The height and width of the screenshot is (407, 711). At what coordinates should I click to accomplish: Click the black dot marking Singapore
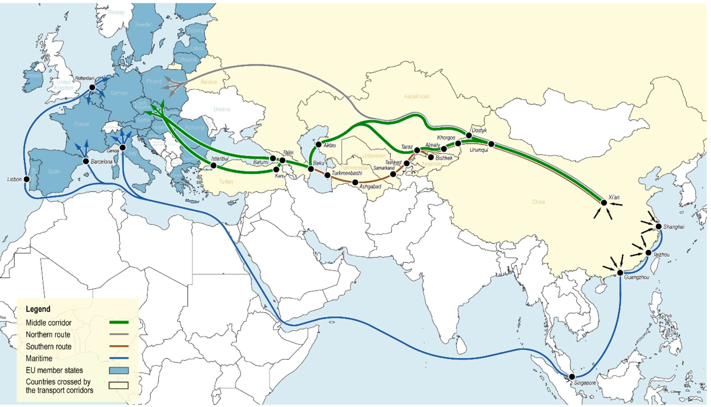point(572,377)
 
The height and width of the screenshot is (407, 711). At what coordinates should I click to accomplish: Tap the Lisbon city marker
point(27,179)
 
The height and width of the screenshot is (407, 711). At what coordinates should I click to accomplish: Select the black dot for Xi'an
point(604,203)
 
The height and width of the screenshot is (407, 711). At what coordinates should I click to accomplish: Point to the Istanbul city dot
point(214,165)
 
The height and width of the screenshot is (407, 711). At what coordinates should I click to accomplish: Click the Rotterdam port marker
point(92,87)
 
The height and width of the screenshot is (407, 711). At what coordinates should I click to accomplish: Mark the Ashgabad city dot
point(355,182)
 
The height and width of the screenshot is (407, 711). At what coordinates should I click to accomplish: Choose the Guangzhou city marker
point(620,273)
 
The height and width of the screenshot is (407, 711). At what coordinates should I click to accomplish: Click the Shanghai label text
point(674,227)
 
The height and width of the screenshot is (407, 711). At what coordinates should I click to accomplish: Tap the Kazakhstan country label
point(417,96)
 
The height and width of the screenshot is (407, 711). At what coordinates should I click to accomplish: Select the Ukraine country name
point(222,109)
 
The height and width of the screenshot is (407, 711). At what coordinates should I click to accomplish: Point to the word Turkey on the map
point(226,182)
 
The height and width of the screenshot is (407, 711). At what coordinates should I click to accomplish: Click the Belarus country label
point(209,82)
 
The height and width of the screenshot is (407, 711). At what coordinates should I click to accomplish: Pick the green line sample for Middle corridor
point(119,322)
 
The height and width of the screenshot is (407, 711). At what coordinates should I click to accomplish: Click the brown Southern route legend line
point(119,346)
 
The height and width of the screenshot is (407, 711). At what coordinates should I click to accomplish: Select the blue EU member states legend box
point(119,370)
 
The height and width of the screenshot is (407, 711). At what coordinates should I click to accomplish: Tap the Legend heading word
point(38,309)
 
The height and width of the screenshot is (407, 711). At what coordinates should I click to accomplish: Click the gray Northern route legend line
point(119,334)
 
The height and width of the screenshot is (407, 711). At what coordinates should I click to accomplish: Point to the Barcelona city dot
point(86,161)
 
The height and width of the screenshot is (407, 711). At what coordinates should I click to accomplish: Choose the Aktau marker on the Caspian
point(319,144)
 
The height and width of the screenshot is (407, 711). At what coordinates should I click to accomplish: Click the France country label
point(82,124)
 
